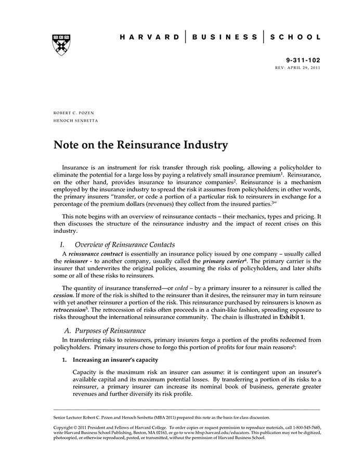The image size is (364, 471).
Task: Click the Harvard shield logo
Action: coord(62,45)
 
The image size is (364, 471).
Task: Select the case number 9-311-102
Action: coord(304,60)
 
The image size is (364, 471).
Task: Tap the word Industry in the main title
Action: coord(205,145)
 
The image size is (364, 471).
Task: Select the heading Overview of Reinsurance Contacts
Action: coord(125,244)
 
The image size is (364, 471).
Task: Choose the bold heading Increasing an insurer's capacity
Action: coord(115,360)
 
